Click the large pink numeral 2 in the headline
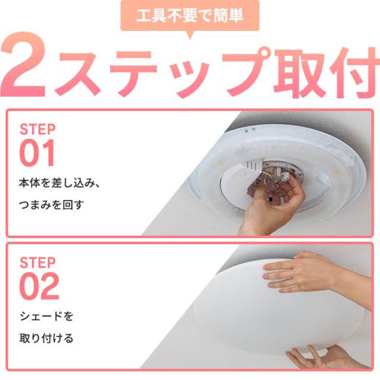(24, 65)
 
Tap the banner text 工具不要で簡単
(190, 15)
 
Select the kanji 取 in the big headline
(299, 72)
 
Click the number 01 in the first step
(37, 153)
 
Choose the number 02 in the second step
(39, 286)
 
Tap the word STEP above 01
(37, 129)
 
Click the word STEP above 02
(37, 262)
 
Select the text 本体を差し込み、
(59, 183)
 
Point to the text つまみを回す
(52, 205)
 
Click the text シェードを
(46, 316)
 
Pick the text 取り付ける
(46, 338)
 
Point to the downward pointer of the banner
(190, 34)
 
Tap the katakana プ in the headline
(245, 70)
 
